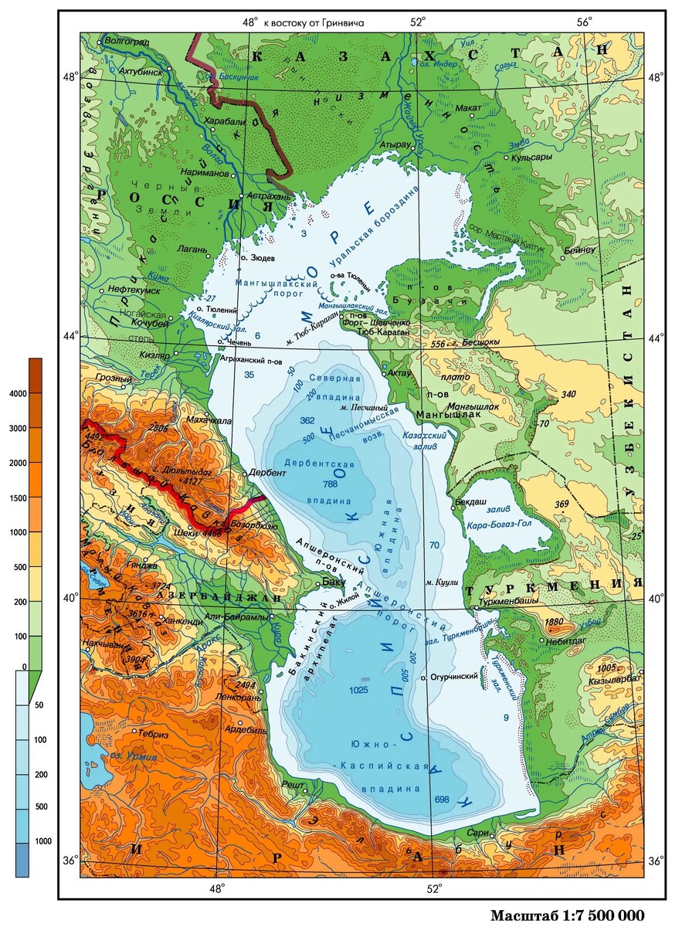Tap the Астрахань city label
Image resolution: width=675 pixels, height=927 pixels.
269,196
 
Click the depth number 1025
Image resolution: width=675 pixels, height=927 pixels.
359,689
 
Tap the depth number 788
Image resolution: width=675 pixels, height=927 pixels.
331,484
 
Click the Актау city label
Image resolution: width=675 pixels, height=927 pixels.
399,373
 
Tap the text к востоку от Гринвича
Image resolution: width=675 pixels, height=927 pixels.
314,22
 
